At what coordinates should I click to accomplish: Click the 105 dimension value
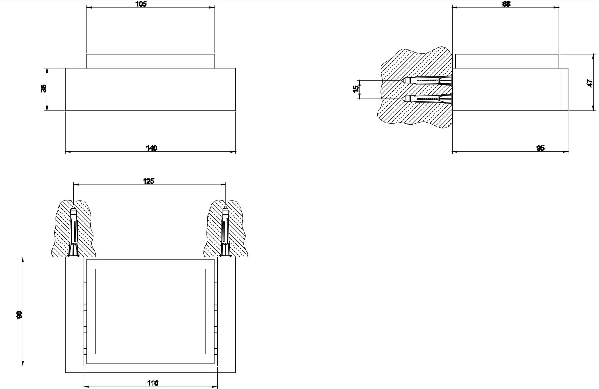point(141,4)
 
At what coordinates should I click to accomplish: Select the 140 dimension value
point(152,148)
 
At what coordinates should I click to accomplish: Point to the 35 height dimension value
point(44,88)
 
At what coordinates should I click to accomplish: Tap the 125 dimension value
point(149,181)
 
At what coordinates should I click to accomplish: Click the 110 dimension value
point(153,383)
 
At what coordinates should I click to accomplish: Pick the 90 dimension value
point(19,315)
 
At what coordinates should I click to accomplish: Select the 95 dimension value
point(541,148)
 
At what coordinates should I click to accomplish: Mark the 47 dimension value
point(590,83)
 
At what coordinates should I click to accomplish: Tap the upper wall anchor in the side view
point(428,80)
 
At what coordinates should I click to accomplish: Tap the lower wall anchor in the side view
point(428,99)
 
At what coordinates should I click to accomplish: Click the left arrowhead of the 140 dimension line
point(68,152)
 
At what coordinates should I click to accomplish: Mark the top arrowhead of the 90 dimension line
point(23,259)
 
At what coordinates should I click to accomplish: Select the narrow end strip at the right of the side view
point(565,89)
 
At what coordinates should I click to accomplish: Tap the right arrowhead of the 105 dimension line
point(212,7)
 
